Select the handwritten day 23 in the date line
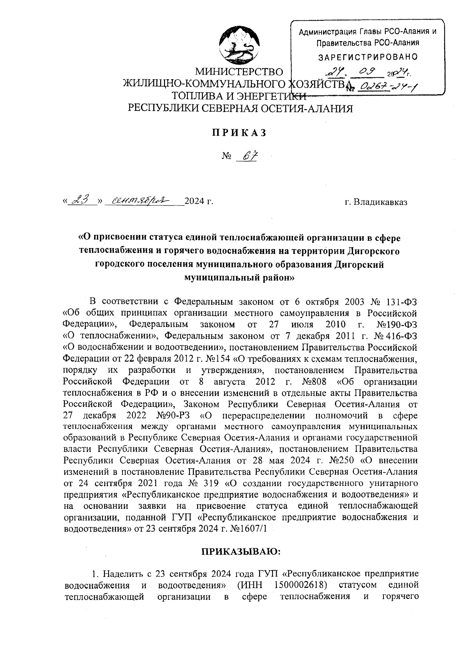(82, 200)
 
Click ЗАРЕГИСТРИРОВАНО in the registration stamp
(367, 57)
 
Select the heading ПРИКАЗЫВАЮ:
(242, 551)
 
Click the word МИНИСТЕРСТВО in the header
(239, 72)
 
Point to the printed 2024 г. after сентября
(199, 201)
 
